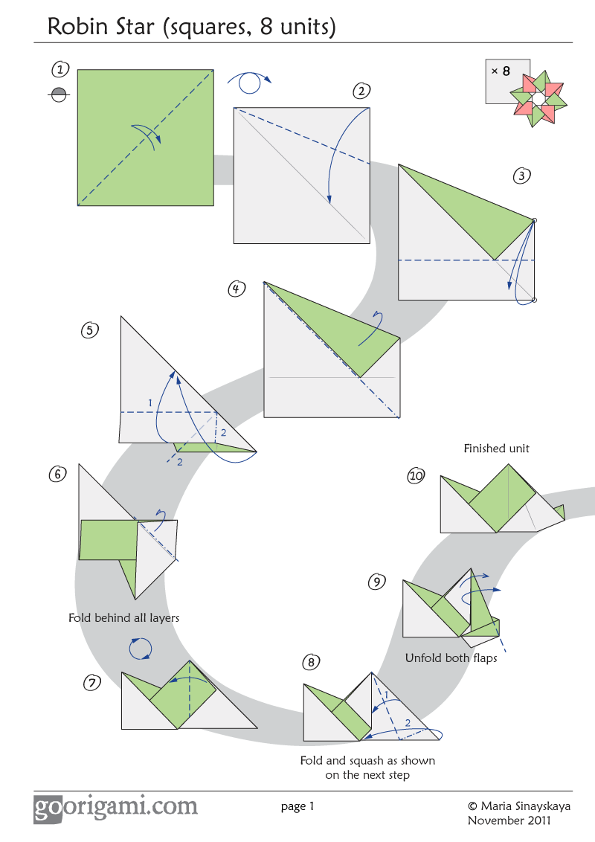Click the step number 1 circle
coord(60,70)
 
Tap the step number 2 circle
coord(361,91)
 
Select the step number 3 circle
coord(522,176)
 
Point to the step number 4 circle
coord(237,289)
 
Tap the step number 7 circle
coord(91,683)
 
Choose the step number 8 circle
coord(312,662)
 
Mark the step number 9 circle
coord(378,582)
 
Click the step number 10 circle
coord(416,476)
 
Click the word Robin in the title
coord(75,27)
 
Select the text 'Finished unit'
coord(496,449)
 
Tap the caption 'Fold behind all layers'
coord(123,617)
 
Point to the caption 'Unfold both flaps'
coord(451,658)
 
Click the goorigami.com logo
coord(115,807)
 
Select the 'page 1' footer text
coord(297,806)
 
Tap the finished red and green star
coord(538,99)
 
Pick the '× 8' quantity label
coord(501,71)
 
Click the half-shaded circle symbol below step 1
coord(59,94)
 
